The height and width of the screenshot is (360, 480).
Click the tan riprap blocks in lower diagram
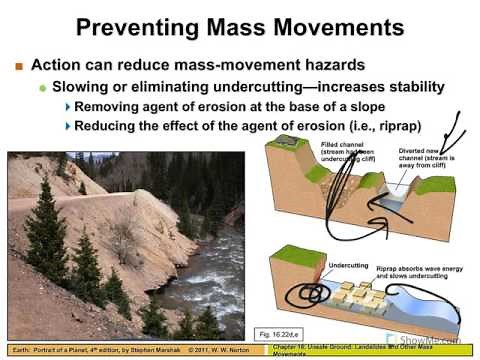[x=355, y=296]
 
